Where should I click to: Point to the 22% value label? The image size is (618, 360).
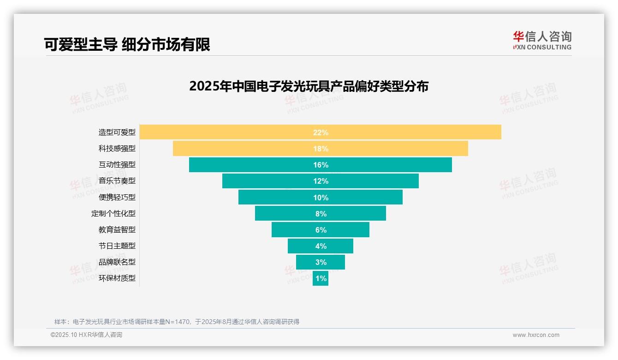321,132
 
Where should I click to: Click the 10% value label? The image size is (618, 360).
321,198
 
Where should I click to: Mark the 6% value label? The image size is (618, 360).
321,230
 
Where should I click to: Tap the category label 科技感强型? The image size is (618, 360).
117,149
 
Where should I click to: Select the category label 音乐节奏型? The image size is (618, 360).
117,181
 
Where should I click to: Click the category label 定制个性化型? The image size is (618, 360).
113,214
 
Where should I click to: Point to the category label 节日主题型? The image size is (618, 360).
117,246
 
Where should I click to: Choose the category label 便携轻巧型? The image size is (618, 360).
117,197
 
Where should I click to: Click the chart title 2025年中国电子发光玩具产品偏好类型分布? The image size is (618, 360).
309,86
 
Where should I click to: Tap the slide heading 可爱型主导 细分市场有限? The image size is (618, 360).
127,44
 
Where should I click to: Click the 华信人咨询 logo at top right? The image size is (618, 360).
542,41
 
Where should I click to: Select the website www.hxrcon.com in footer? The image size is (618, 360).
536,335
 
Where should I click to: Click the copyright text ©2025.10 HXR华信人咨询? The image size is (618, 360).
86,335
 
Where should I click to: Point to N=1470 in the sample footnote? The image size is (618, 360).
178,322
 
